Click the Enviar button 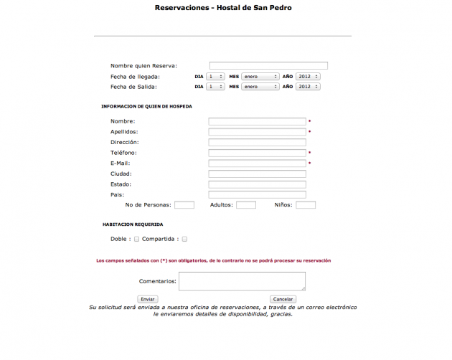pos(147,298)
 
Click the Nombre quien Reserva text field pos(268,66)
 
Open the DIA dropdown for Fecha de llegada pos(215,76)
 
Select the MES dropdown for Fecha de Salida pos(260,87)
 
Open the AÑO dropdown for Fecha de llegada pos(308,76)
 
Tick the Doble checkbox pos(137,239)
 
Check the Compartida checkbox pos(184,239)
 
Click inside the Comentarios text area pos(242,281)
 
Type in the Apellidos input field pos(257,132)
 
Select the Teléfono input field pos(257,153)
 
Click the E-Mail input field pos(257,164)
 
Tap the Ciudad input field pos(257,174)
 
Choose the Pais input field pos(257,194)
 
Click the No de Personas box pos(184,205)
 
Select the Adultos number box pos(246,205)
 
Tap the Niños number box pos(306,205)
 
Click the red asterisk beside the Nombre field pos(309,121)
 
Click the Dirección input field pos(257,142)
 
